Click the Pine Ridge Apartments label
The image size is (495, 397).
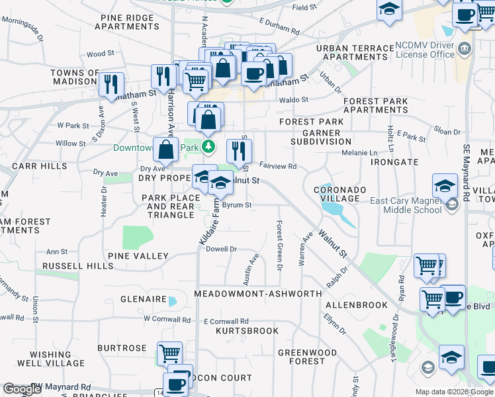pyautogui.click(x=127, y=21)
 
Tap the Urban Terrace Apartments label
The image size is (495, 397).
pyautogui.click(x=355, y=52)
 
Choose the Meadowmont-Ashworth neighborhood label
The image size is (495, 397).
pyautogui.click(x=258, y=293)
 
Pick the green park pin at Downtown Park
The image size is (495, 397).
pyautogui.click(x=208, y=146)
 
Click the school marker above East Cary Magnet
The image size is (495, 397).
pyautogui.click(x=445, y=185)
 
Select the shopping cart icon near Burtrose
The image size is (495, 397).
pyautogui.click(x=169, y=353)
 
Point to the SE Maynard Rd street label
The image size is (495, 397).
pyautogui.click(x=466, y=165)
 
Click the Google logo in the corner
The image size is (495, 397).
pyautogui.click(x=21, y=389)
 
